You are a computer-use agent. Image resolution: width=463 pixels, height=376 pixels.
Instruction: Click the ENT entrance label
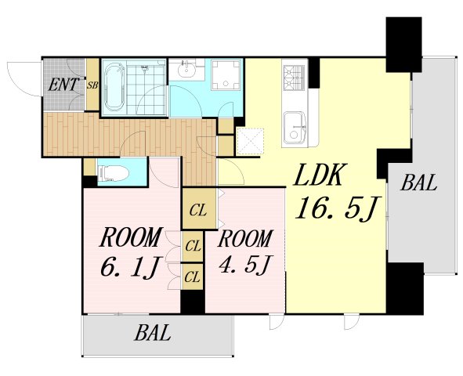point(63,85)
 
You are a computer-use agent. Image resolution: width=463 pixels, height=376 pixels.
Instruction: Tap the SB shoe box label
point(92,85)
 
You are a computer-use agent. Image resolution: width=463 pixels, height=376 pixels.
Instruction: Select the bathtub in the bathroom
point(115,88)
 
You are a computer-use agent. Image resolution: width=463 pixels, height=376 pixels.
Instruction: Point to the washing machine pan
point(226,74)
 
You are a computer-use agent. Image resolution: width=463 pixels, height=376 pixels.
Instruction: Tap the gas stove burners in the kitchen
point(294,78)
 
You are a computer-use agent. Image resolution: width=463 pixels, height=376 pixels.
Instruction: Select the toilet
point(113,173)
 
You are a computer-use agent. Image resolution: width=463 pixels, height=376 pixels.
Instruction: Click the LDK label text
point(320,175)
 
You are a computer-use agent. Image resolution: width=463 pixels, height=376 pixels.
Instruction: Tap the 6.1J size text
point(130,268)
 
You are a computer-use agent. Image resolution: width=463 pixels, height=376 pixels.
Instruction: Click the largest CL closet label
point(198,211)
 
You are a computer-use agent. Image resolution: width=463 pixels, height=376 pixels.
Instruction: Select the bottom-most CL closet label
point(193,277)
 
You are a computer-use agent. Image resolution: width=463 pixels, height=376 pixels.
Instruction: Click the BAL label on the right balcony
point(418,183)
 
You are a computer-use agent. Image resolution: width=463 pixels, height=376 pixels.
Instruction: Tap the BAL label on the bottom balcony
point(153,333)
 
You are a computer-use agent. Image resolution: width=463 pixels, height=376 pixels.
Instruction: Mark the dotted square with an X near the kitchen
point(250,141)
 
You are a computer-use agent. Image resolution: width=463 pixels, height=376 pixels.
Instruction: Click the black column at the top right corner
point(403,45)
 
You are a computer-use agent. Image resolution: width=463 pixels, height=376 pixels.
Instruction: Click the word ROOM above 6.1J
point(131,237)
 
